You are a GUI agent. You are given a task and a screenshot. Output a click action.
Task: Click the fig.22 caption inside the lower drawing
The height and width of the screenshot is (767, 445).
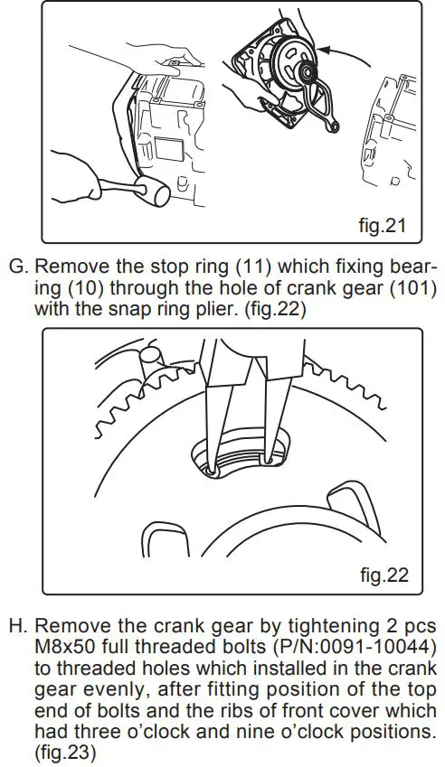point(383,575)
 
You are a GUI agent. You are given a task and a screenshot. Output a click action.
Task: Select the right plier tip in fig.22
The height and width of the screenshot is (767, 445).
point(269,460)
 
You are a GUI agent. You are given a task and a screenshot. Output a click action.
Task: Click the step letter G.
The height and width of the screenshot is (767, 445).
point(16,268)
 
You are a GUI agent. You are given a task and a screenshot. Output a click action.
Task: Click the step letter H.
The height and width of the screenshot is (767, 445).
point(16,625)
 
